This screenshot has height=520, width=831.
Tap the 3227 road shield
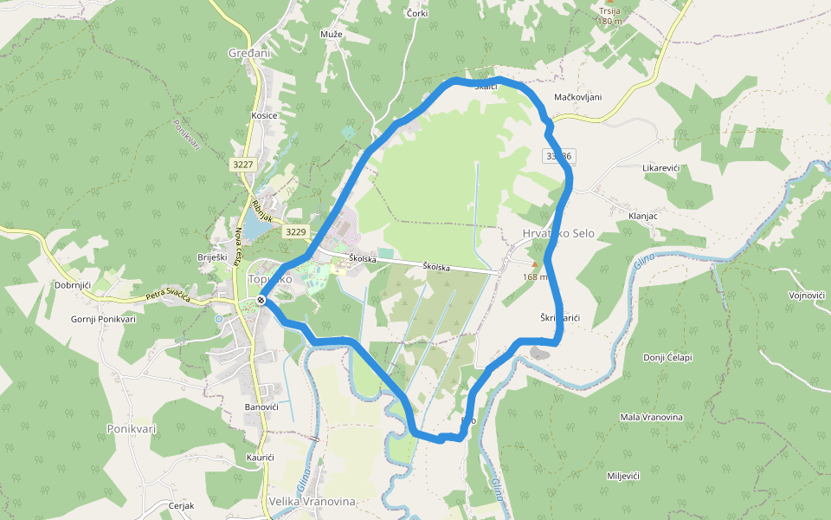pyautogui.click(x=243, y=165)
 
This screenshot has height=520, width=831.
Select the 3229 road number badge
pyautogui.click(x=296, y=231)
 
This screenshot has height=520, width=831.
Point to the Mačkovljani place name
pyautogui.click(x=578, y=97)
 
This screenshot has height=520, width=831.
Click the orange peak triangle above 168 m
pyautogui.click(x=534, y=264)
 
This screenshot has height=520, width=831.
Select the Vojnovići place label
pyautogui.click(x=807, y=296)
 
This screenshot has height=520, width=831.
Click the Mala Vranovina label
pyautogui.click(x=651, y=417)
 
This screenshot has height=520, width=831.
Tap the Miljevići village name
pyautogui.click(x=622, y=477)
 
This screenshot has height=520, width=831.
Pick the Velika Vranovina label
pyautogui.click(x=312, y=501)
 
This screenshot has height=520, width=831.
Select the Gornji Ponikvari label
pyautogui.click(x=103, y=319)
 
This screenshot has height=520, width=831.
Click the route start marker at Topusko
pyautogui.click(x=261, y=300)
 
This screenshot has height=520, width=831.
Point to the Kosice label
pyautogui.click(x=264, y=115)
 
